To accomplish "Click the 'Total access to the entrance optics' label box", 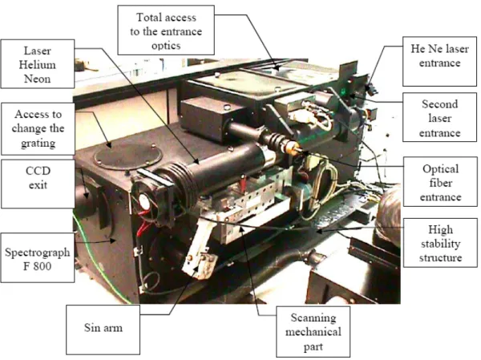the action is tap(166, 30).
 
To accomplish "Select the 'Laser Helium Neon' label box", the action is tap(38, 64).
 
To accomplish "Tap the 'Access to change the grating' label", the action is tap(38, 128).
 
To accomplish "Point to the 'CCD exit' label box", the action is tap(38, 184).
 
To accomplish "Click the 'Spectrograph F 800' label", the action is tap(38, 258).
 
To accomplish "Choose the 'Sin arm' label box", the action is tap(103, 330).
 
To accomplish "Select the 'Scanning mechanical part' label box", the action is tap(313, 332).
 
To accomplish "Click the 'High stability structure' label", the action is tap(440, 243).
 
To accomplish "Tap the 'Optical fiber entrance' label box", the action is tap(440, 182).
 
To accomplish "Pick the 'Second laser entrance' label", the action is tap(439, 117).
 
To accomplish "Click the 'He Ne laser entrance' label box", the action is tap(439, 62).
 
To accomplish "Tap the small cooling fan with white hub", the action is tap(144, 201).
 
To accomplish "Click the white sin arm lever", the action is tap(199, 245).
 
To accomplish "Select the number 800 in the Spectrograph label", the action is tap(42, 265).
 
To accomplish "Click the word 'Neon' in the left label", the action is tap(38, 79).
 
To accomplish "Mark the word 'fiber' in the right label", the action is tap(440, 183).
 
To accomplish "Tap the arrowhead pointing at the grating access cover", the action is tap(109, 144).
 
